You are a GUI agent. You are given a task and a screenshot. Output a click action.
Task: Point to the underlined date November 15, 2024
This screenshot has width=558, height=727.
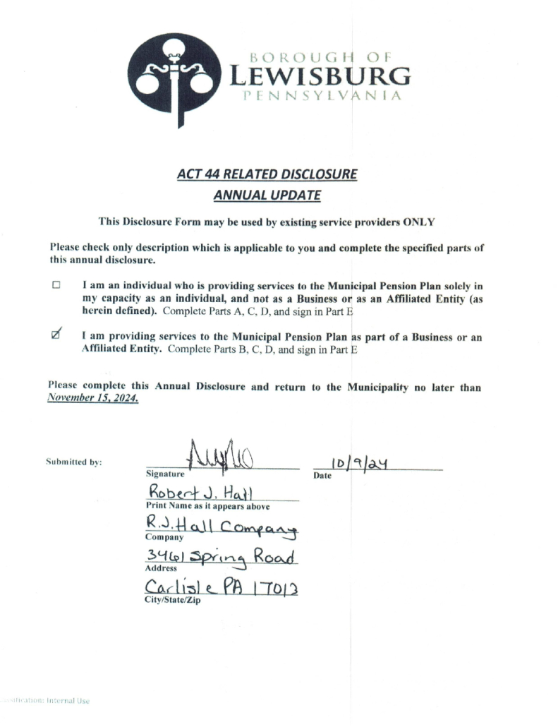(92, 399)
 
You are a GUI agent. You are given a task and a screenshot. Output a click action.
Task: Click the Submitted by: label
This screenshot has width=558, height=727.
(74, 463)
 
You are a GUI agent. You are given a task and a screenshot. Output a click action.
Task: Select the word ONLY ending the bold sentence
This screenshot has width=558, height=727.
(418, 222)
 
